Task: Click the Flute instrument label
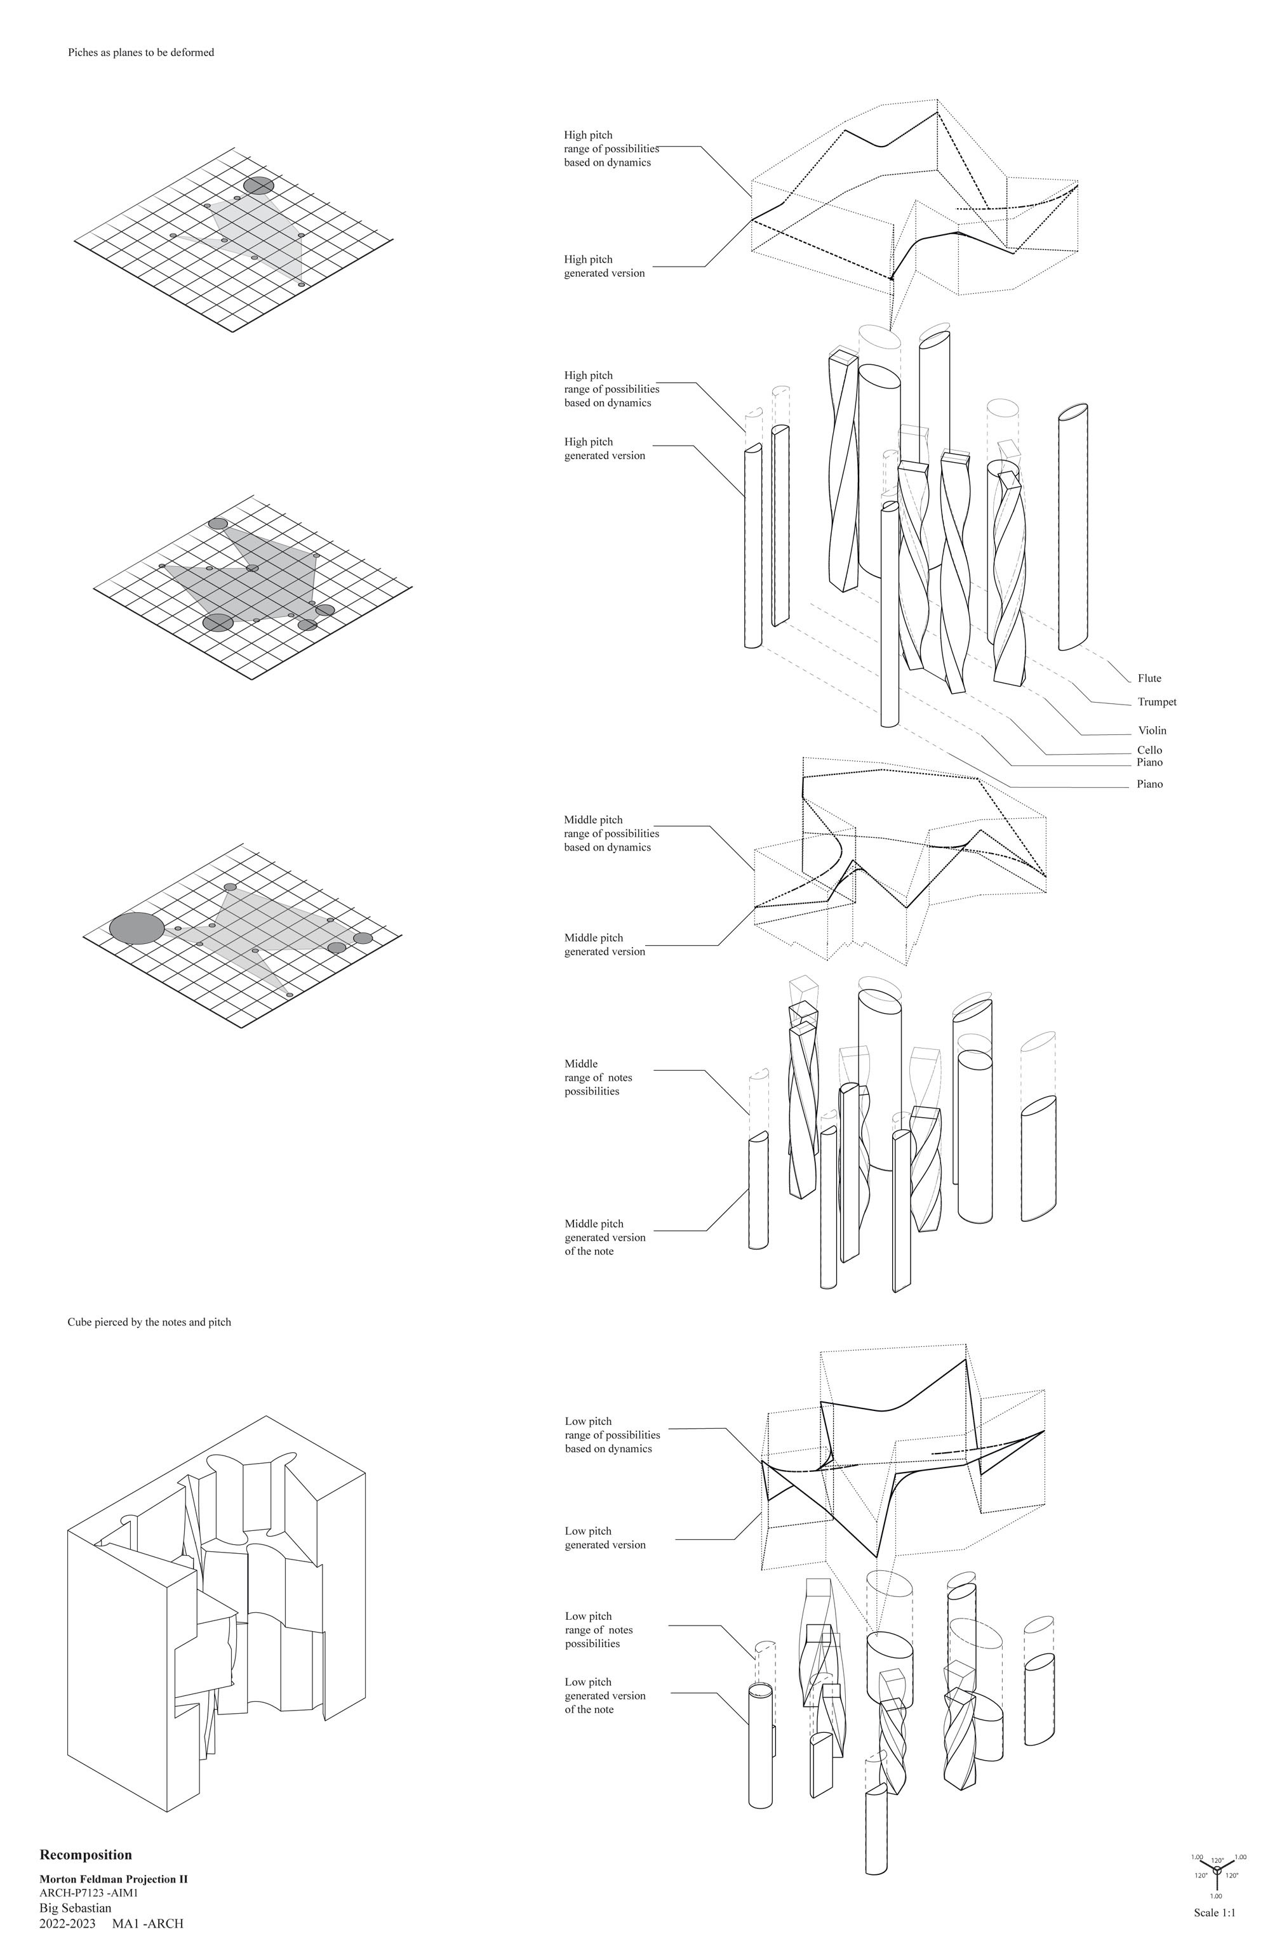click(x=1149, y=679)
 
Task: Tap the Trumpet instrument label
click(x=1156, y=702)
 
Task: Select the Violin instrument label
click(x=1152, y=731)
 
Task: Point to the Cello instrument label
click(x=1149, y=750)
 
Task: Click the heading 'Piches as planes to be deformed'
click(x=141, y=52)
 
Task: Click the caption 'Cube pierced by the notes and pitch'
click(x=149, y=1322)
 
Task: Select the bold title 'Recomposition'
click(x=86, y=1855)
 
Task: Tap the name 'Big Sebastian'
click(x=75, y=1907)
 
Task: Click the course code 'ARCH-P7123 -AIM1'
click(x=89, y=1893)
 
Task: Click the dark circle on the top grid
click(x=258, y=186)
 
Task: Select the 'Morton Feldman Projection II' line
click(x=114, y=1879)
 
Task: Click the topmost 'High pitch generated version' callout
click(x=605, y=266)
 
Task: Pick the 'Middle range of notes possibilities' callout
click(x=598, y=1077)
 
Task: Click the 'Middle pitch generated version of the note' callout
click(x=605, y=1237)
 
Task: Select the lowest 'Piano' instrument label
click(x=1149, y=785)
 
